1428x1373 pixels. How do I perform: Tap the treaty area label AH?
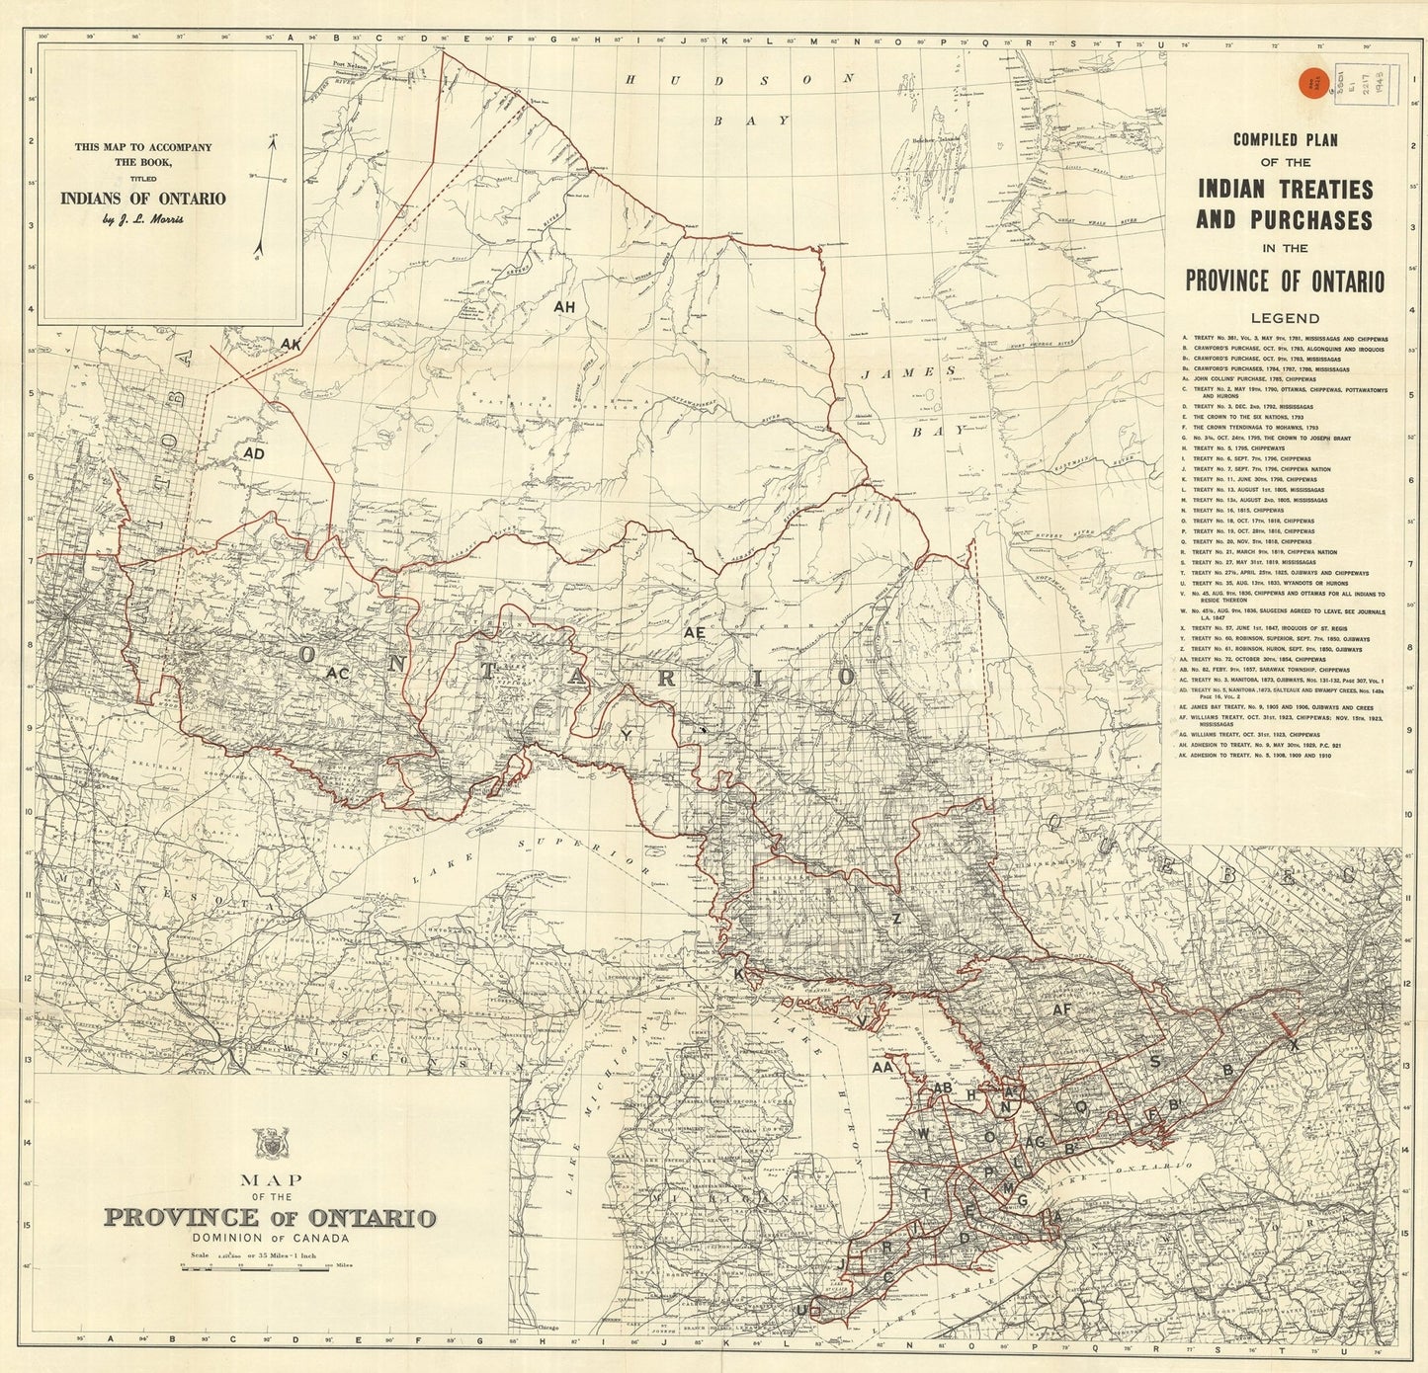coord(564,307)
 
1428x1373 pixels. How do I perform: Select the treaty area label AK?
coord(291,344)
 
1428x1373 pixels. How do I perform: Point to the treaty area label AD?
coord(254,453)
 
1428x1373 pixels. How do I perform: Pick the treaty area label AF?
coord(1061,1010)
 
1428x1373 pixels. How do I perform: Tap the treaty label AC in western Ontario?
coord(336,673)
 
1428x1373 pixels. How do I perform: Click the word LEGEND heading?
coord(1285,318)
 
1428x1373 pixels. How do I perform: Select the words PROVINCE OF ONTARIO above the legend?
coord(1285,281)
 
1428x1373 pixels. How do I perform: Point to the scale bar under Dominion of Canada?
coord(268,1267)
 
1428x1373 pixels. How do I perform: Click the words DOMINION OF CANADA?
coord(269,1238)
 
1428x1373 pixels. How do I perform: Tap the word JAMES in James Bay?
coord(907,373)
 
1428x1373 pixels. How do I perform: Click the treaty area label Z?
coord(896,919)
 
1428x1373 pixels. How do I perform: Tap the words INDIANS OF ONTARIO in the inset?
coord(143,198)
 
